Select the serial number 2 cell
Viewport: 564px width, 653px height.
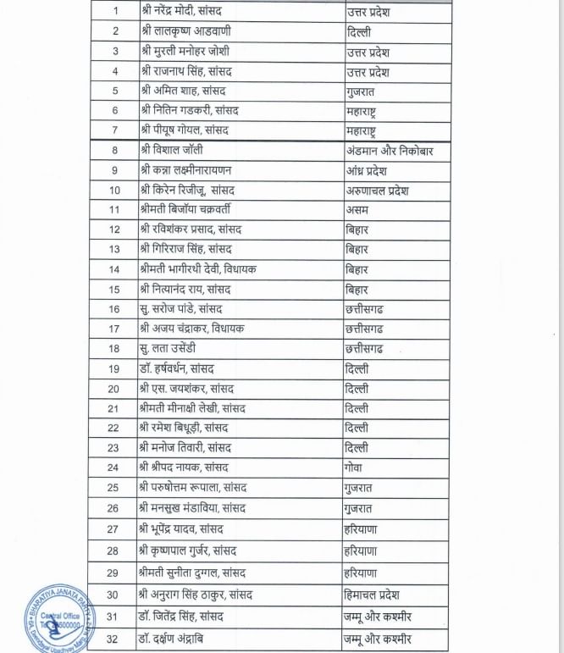click(x=114, y=32)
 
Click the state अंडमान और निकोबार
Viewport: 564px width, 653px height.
click(x=390, y=151)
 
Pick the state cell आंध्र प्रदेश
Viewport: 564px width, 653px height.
click(x=368, y=170)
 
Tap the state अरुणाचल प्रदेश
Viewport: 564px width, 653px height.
click(x=378, y=190)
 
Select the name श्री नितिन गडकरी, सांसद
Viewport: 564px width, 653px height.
click(x=190, y=111)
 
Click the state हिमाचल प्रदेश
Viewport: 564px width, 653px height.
click(x=379, y=595)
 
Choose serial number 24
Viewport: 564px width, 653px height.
click(x=113, y=468)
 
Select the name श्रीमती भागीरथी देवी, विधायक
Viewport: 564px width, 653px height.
click(x=198, y=269)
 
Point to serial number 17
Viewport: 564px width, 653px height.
click(x=113, y=329)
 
